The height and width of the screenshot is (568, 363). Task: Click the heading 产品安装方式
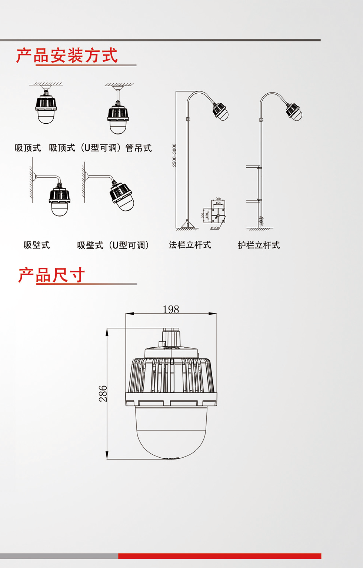pos(67,56)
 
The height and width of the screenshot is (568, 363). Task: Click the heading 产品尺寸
pos(52,275)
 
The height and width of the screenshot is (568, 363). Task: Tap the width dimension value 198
pos(171,309)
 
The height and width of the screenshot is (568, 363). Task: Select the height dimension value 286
pos(103,394)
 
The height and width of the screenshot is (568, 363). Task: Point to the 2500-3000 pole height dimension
pos(174,155)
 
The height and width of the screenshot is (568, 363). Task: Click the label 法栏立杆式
pos(190,245)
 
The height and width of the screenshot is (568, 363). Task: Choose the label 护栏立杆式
pos(259,245)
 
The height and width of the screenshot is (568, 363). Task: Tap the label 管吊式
pos(139,148)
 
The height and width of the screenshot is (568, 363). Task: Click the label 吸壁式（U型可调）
pos(113,245)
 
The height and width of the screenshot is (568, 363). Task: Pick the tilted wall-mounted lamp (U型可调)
pos(121,195)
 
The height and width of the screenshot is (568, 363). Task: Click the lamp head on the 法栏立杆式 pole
pos(220,111)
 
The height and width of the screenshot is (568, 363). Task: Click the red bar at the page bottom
pos(220,556)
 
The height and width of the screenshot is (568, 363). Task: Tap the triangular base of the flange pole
pos(187,225)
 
